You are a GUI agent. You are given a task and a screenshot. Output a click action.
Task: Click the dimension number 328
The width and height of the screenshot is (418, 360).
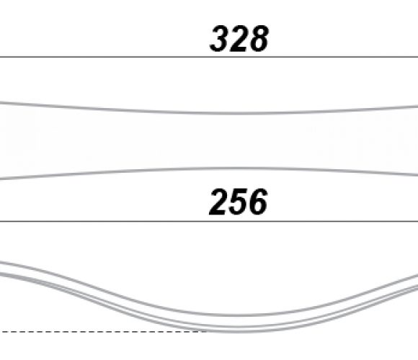239,39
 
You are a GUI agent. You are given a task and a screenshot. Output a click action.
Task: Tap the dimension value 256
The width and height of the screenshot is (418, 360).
238,202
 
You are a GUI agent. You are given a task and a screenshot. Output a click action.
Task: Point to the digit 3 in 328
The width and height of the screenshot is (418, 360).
219,39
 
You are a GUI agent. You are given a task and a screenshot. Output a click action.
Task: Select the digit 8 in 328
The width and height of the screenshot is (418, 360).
259,39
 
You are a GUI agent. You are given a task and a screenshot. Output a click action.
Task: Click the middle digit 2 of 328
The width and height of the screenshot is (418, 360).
239,39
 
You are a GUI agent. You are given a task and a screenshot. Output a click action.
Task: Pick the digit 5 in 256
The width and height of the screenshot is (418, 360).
238,202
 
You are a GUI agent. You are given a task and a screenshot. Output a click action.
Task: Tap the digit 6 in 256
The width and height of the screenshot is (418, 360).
257,202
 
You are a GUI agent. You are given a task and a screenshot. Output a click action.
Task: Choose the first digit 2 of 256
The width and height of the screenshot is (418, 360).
219,202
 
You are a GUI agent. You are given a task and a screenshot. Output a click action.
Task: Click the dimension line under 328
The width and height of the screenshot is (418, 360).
209,57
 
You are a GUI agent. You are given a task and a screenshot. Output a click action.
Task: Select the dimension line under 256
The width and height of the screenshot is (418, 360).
209,221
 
